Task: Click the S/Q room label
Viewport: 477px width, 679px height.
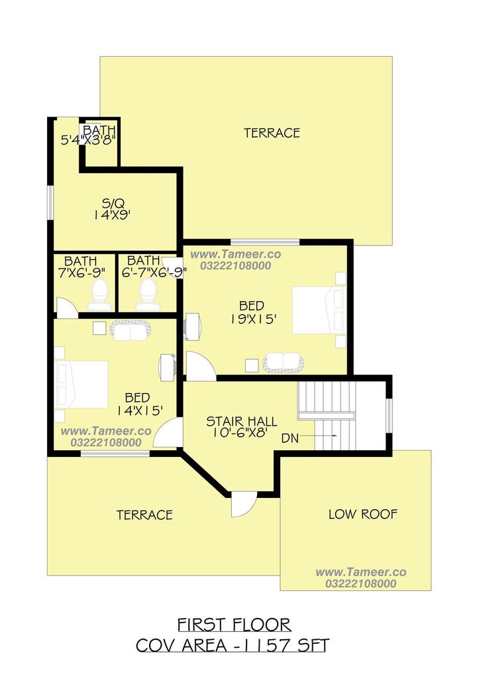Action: tap(113, 203)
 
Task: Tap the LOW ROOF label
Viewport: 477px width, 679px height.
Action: tap(363, 514)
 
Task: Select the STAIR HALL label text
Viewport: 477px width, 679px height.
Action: tap(242, 421)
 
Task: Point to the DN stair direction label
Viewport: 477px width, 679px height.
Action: tap(290, 438)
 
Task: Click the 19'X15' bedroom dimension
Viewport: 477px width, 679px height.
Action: tap(253, 319)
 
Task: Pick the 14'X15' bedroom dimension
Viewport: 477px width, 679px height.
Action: tap(140, 410)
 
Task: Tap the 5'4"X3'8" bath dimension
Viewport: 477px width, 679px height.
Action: tap(88, 141)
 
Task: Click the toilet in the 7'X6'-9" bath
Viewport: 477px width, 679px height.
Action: tap(99, 294)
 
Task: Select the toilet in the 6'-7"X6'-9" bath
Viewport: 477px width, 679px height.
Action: tap(148, 294)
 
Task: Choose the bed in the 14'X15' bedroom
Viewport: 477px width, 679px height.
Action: tap(81, 385)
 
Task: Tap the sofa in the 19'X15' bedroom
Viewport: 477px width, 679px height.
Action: tap(283, 363)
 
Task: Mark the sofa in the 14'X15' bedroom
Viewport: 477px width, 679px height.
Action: tap(131, 330)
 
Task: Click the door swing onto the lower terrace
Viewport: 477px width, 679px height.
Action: tap(243, 505)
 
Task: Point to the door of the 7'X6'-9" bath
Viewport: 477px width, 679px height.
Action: tap(67, 308)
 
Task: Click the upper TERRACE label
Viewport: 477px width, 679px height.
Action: tap(272, 133)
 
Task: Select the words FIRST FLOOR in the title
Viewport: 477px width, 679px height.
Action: tap(234, 625)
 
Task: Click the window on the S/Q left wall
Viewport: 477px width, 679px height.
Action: tap(50, 203)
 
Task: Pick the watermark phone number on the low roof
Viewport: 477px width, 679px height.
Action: tap(360, 584)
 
